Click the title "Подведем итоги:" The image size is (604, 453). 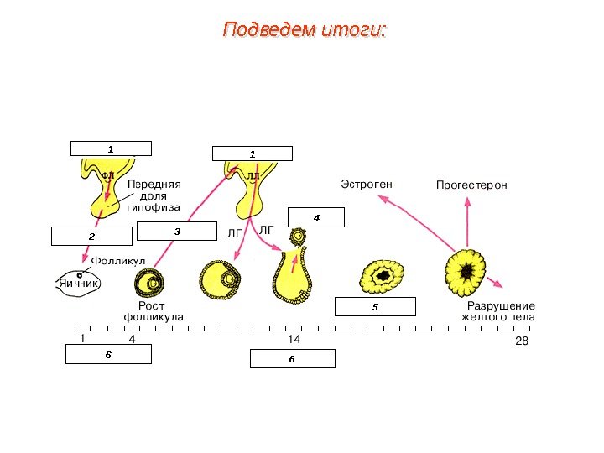click(304, 31)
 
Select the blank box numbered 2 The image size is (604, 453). click(91, 236)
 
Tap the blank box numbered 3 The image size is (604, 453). click(177, 230)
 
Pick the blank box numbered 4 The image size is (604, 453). click(316, 218)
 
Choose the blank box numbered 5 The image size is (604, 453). click(375, 307)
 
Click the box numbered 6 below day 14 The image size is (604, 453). click(292, 359)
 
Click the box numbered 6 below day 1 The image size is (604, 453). click(108, 356)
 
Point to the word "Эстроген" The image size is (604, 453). click(367, 184)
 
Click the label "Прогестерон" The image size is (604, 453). click(471, 184)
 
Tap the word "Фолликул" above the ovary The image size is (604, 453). click(117, 263)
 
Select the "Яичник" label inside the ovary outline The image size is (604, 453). click(79, 284)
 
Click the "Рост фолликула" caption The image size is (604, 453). click(153, 312)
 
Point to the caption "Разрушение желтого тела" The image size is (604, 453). click(500, 311)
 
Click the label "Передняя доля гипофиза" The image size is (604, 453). click(154, 195)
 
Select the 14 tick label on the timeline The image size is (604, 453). click(294, 340)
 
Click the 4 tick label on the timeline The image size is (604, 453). click(132, 340)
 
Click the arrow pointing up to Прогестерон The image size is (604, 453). click(466, 222)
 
